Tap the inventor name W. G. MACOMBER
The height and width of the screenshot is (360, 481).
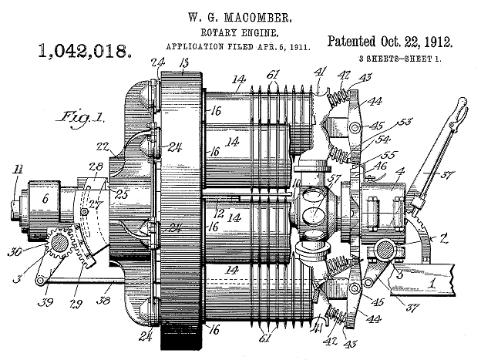pyautogui.click(x=240, y=18)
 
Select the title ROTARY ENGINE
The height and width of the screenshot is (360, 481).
pyautogui.click(x=240, y=32)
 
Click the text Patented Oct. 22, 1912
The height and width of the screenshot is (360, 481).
pyautogui.click(x=390, y=42)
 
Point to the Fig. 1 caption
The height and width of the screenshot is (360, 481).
pyautogui.click(x=80, y=118)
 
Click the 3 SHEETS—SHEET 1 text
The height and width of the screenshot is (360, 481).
pyautogui.click(x=400, y=59)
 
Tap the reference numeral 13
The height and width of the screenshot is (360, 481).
pyautogui.click(x=183, y=64)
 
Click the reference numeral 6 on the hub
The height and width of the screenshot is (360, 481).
pyautogui.click(x=45, y=199)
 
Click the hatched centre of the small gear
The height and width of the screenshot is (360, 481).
pyautogui.click(x=59, y=244)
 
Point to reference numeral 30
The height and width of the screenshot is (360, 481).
pyautogui.click(x=14, y=251)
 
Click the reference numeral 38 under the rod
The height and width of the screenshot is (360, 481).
pyautogui.click(x=103, y=300)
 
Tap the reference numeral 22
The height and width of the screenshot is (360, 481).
pyautogui.click(x=103, y=146)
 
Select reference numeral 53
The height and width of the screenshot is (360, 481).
pyautogui.click(x=405, y=122)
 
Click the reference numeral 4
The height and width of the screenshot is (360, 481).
pyautogui.click(x=402, y=172)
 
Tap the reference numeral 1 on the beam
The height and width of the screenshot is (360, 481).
pyautogui.click(x=432, y=283)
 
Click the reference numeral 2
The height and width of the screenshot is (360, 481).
pyautogui.click(x=443, y=238)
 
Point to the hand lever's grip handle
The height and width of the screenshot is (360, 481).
pyautogui.click(x=459, y=109)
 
